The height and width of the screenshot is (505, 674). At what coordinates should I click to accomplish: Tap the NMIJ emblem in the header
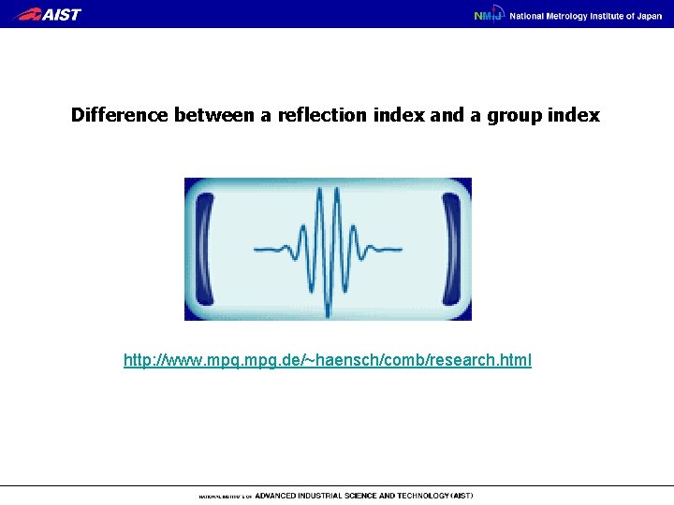(x=488, y=15)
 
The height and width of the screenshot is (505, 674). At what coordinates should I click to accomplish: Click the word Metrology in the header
(x=572, y=16)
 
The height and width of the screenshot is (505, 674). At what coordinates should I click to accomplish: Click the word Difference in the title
(x=120, y=116)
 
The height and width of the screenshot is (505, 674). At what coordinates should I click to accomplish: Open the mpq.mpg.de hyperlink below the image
(x=327, y=360)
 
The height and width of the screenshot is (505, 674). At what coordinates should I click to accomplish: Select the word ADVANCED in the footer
(x=278, y=496)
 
